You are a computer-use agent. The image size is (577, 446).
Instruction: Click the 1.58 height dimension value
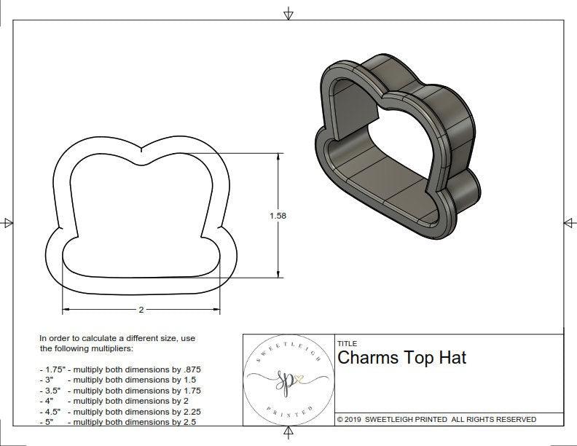click(278, 216)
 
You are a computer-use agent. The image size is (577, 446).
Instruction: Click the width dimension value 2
click(141, 310)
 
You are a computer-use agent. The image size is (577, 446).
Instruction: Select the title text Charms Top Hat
click(401, 358)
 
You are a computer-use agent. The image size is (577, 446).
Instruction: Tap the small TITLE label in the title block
click(347, 343)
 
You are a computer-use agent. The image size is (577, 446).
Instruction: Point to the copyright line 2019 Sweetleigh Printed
click(436, 420)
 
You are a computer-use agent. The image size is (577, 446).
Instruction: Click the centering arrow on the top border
click(288, 13)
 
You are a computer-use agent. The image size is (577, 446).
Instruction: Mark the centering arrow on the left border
click(8, 223)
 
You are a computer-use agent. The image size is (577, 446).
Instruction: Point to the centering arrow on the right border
click(569, 222)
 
